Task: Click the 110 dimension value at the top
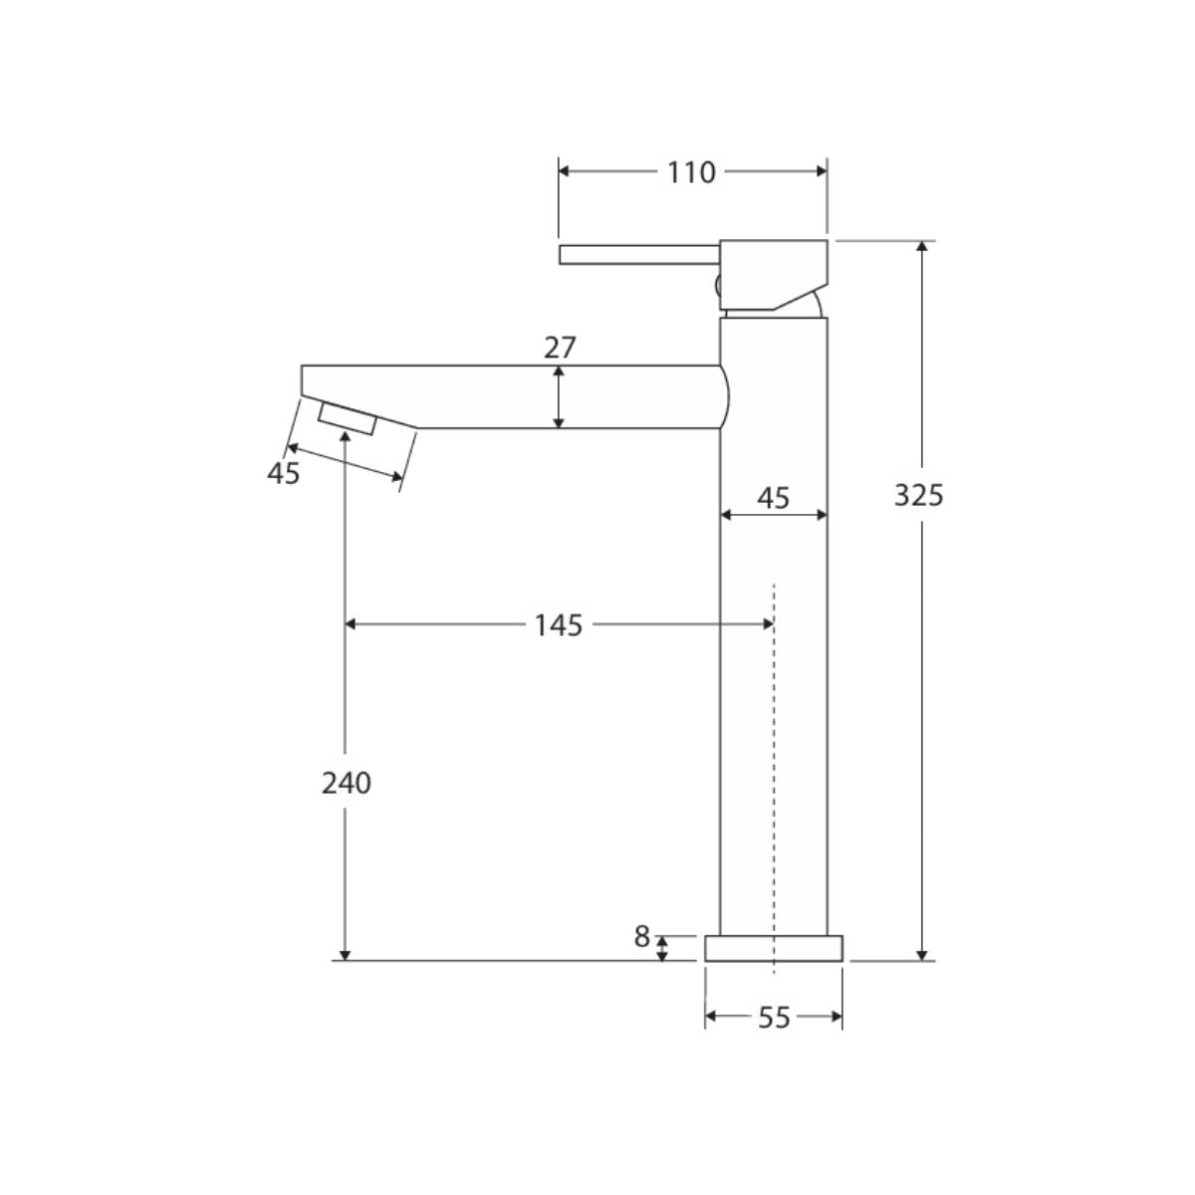[691, 172]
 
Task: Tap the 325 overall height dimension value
[918, 495]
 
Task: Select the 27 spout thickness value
[560, 348]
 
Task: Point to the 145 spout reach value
[559, 625]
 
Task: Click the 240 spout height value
[346, 784]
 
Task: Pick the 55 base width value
[774, 1018]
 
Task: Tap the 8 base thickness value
[642, 937]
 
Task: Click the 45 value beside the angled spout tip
[284, 474]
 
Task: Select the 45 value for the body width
[774, 498]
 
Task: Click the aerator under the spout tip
[348, 419]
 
